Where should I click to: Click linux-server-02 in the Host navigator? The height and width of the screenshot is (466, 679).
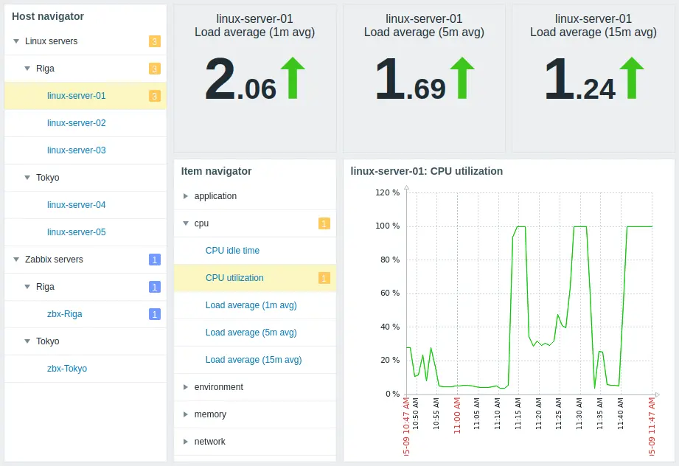click(76, 123)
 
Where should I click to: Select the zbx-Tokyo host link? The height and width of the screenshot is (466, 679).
click(67, 369)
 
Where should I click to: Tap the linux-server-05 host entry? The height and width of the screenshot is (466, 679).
click(76, 232)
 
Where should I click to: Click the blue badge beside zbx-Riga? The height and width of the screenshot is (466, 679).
click(155, 314)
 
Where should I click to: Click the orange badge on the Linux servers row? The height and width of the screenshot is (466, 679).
click(155, 41)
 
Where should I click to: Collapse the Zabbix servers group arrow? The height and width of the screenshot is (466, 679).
click(16, 260)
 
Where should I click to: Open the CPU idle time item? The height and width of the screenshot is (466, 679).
click(232, 251)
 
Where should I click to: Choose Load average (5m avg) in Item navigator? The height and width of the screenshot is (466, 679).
click(251, 333)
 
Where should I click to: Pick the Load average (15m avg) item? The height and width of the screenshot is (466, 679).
click(253, 360)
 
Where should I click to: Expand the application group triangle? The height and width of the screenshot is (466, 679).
click(186, 196)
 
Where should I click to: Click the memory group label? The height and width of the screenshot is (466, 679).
click(210, 414)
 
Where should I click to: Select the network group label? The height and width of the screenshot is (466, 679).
click(209, 442)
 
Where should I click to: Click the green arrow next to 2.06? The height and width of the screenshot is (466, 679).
click(293, 79)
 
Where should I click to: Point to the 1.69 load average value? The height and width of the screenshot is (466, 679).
click(410, 80)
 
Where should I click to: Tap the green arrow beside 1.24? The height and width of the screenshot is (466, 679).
click(632, 79)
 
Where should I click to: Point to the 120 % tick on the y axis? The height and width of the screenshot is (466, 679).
click(387, 192)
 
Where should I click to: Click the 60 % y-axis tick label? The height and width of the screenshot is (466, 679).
click(389, 293)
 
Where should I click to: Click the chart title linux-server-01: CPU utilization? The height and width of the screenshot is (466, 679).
click(426, 171)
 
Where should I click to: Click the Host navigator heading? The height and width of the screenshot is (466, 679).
click(48, 16)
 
